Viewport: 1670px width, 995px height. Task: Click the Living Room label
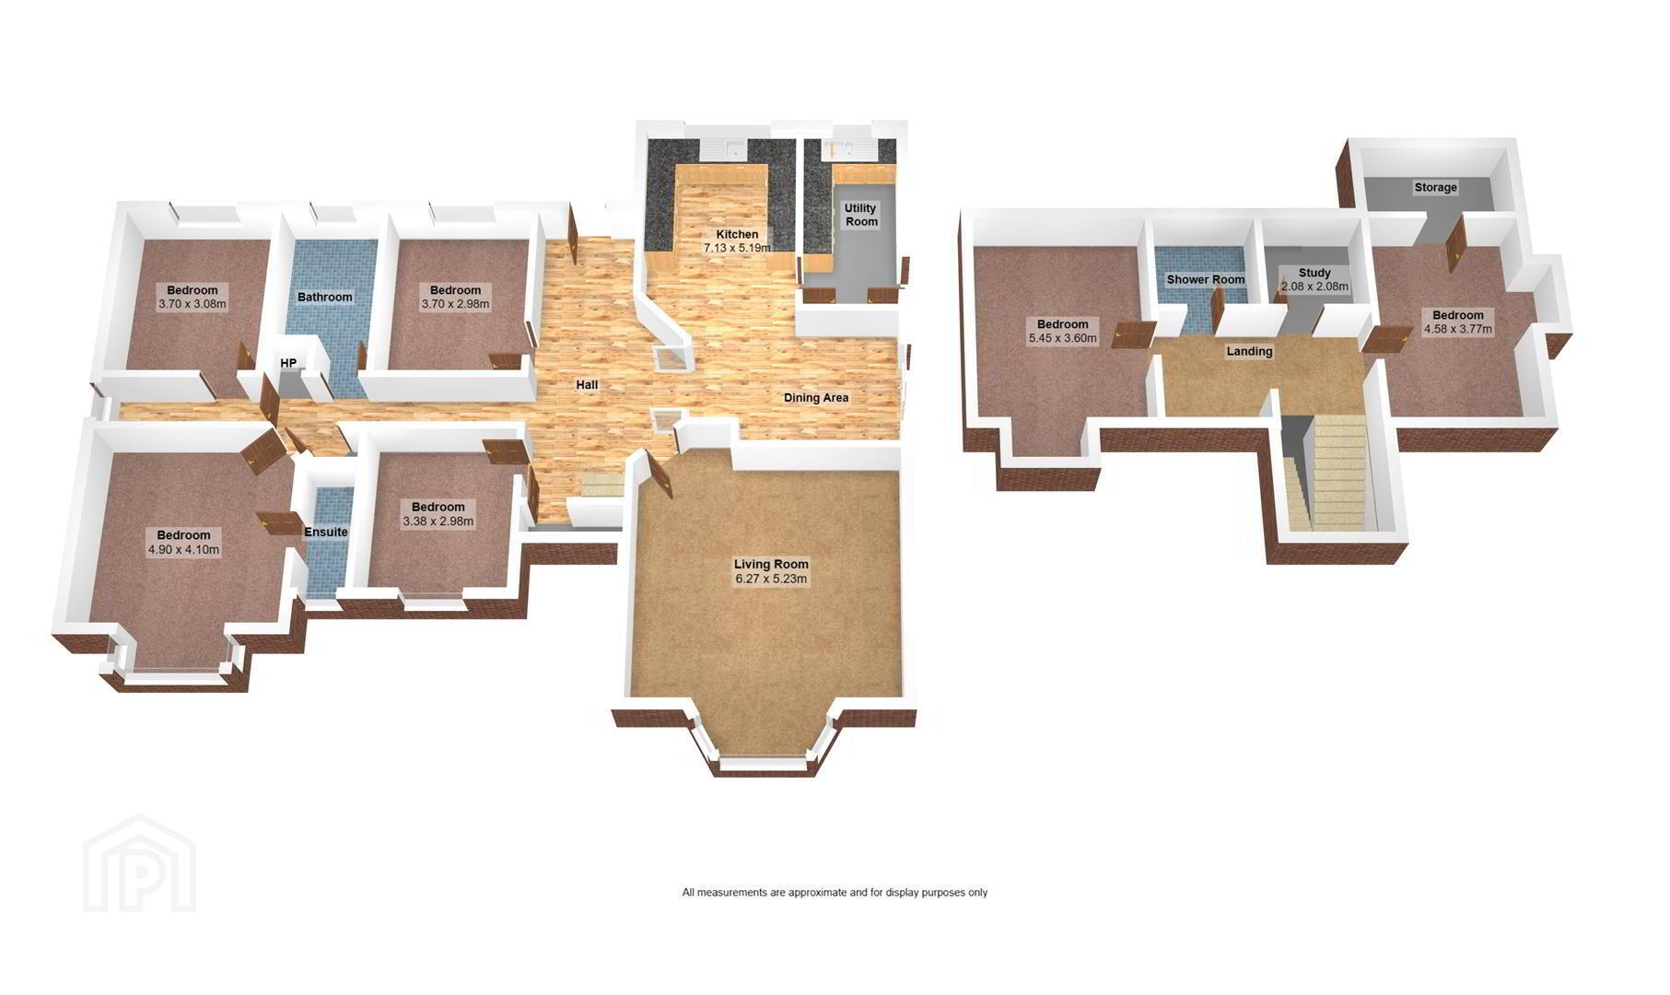point(771,564)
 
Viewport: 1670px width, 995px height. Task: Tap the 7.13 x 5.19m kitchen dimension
point(737,248)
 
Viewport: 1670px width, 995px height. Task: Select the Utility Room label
point(861,215)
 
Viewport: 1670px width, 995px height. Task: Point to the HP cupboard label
point(288,363)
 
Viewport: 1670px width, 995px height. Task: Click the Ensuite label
point(326,532)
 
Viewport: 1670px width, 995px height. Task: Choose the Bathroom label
point(324,297)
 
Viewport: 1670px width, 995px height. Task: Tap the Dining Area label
point(815,398)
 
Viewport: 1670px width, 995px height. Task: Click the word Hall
point(587,385)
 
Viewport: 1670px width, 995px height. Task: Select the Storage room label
point(1435,187)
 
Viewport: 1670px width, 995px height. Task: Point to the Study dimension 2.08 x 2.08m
point(1314,287)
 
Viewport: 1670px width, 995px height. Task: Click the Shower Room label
point(1205,279)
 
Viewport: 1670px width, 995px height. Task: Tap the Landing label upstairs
point(1249,351)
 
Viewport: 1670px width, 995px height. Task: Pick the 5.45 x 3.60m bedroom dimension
point(1062,338)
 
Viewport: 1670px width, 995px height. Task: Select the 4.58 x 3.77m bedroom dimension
point(1457,329)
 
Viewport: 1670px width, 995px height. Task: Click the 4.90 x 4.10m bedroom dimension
point(183,550)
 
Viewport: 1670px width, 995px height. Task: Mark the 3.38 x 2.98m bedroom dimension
point(438,521)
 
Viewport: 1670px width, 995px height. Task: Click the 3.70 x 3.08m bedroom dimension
point(193,304)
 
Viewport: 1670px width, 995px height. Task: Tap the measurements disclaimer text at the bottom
point(835,892)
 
